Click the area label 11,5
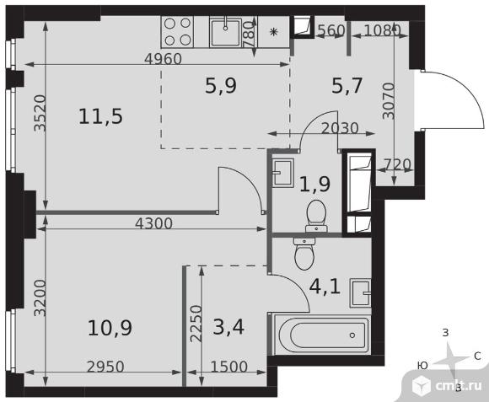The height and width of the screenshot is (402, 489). pyautogui.click(x=100, y=116)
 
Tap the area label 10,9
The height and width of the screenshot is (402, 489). pyautogui.click(x=110, y=328)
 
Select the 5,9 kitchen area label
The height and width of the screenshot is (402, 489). pyautogui.click(x=221, y=86)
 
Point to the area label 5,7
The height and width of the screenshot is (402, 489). pyautogui.click(x=347, y=86)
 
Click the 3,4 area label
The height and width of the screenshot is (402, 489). pyautogui.click(x=228, y=327)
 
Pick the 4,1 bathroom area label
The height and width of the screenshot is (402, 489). pyautogui.click(x=325, y=287)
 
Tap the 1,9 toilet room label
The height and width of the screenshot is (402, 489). pyautogui.click(x=315, y=184)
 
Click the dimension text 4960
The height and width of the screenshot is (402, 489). pyautogui.click(x=164, y=59)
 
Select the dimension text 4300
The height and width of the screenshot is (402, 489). pyautogui.click(x=153, y=223)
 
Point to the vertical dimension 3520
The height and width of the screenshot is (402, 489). pyautogui.click(x=40, y=113)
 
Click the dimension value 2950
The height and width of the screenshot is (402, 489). pyautogui.click(x=105, y=367)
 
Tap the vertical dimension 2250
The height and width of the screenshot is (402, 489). pyautogui.click(x=196, y=324)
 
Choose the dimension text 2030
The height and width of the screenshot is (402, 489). pyautogui.click(x=340, y=128)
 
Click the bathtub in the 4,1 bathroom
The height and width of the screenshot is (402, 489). pyautogui.click(x=321, y=335)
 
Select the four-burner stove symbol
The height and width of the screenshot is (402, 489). pyautogui.click(x=177, y=32)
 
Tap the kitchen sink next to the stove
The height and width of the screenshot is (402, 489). pyautogui.click(x=226, y=32)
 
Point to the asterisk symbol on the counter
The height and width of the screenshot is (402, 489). pyautogui.click(x=273, y=32)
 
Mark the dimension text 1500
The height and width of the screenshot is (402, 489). pyautogui.click(x=229, y=367)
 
